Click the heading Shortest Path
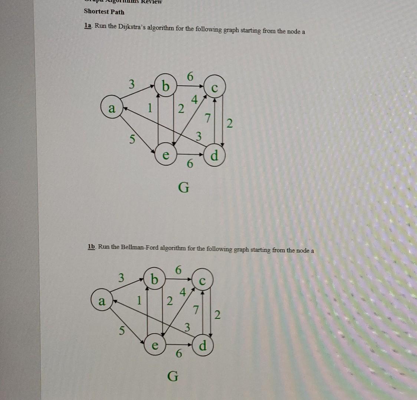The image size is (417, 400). [x=104, y=11]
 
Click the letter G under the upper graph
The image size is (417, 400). [x=183, y=188]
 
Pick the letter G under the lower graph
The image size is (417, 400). [x=173, y=377]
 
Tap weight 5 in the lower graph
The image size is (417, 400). [x=121, y=331]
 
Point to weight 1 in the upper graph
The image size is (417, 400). [x=150, y=108]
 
